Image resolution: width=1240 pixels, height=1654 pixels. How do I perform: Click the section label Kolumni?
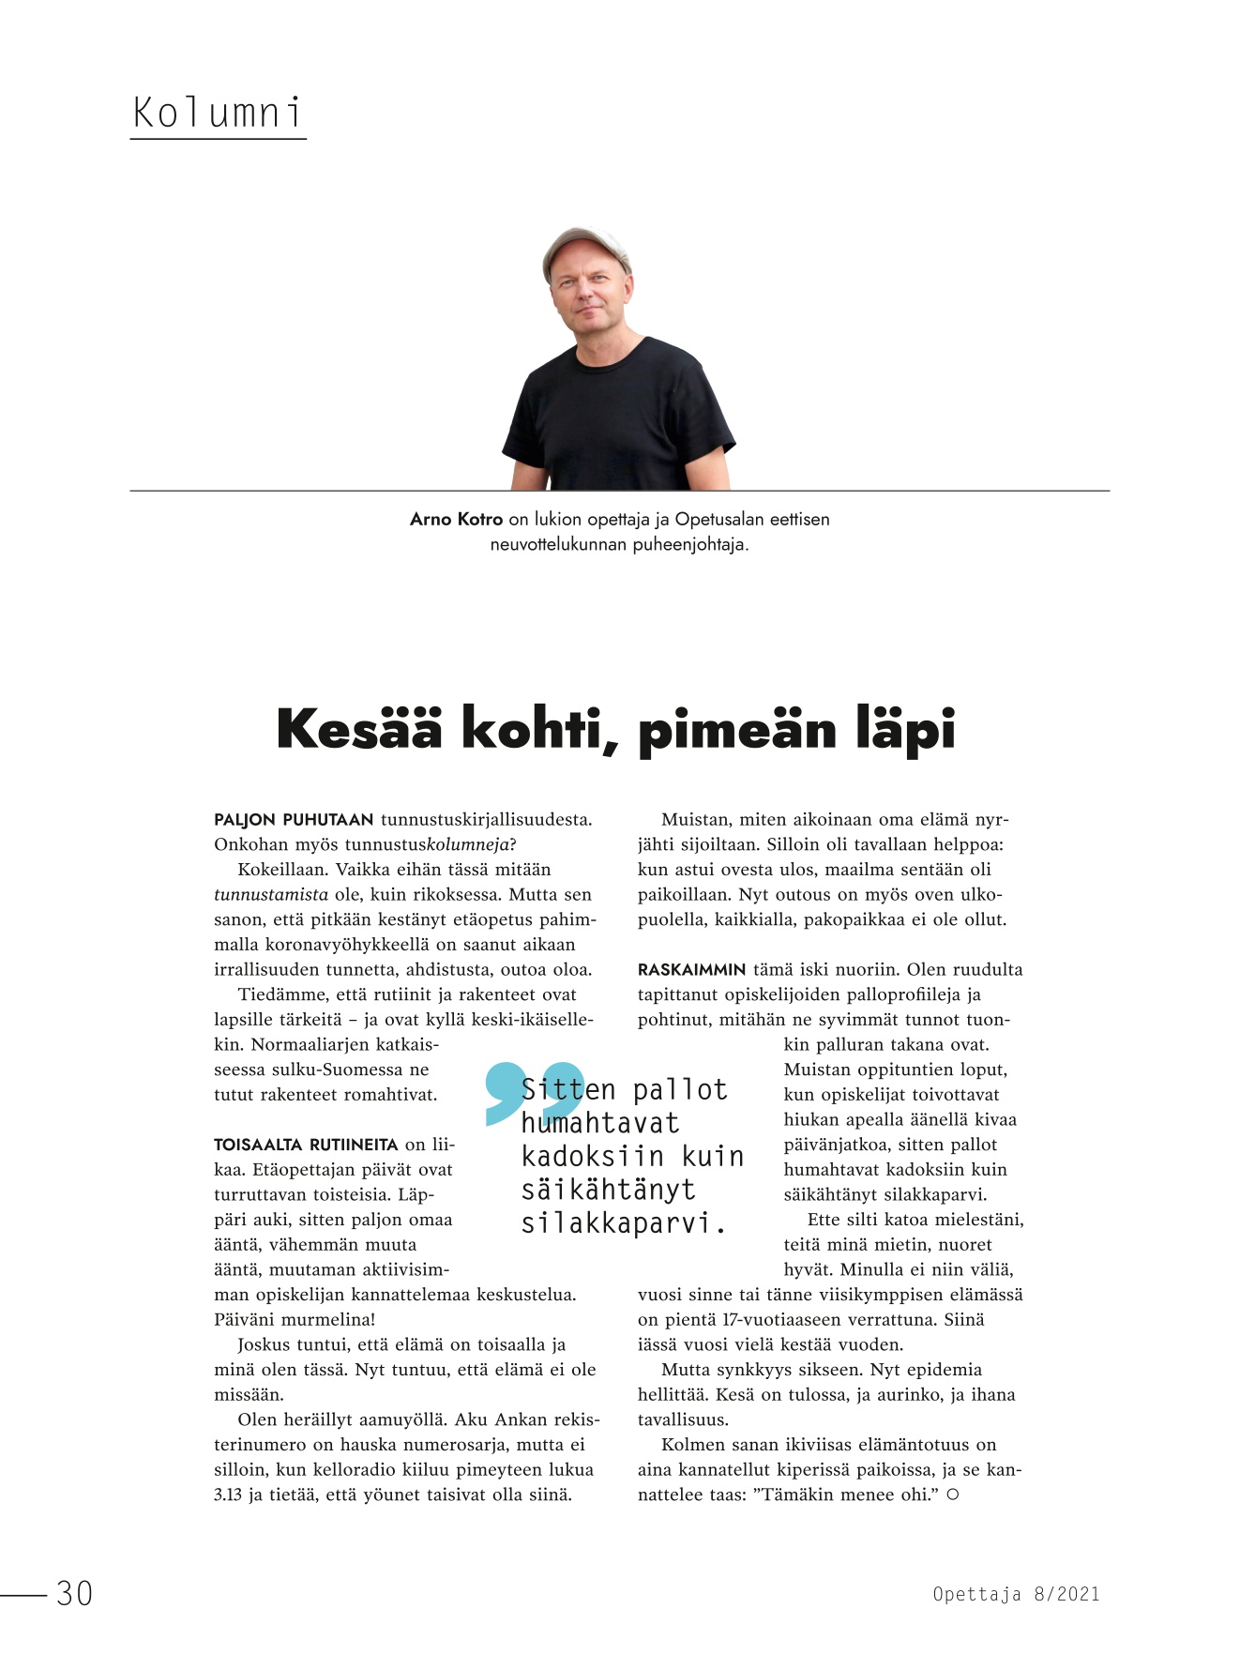(218, 114)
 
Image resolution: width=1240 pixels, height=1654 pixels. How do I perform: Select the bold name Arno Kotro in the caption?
(456, 519)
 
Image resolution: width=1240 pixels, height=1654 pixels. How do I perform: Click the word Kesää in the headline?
(358, 729)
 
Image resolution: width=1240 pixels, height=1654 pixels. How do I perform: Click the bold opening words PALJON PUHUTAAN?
(294, 819)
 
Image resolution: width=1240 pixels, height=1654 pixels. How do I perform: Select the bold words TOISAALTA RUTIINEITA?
(306, 1145)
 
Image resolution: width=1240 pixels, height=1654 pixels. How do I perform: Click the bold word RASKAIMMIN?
(691, 969)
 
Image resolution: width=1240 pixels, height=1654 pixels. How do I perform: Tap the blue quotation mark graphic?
(533, 1091)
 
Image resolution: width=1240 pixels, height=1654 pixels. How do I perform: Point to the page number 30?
(74, 1593)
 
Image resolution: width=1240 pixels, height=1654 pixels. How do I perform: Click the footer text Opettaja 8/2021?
(1016, 1593)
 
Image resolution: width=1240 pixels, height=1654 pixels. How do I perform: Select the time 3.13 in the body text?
(228, 1495)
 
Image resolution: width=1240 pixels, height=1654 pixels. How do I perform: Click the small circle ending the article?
(952, 1495)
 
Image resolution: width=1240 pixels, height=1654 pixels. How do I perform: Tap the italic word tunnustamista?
(271, 894)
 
